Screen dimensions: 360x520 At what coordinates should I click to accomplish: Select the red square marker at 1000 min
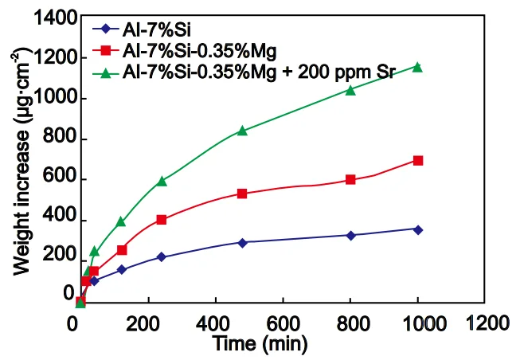tap(418, 161)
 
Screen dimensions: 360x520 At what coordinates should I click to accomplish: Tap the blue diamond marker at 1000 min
tap(418, 229)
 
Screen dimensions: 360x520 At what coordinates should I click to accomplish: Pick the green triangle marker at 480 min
tap(242, 131)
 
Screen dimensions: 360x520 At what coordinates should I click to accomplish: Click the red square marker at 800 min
tap(350, 180)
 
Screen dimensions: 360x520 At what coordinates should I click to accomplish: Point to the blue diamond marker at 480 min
tap(242, 242)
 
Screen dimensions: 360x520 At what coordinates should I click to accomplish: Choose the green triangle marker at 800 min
tap(350, 90)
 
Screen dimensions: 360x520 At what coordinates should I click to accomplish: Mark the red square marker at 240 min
tap(162, 220)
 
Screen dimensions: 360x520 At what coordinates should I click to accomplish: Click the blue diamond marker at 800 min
tap(350, 235)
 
